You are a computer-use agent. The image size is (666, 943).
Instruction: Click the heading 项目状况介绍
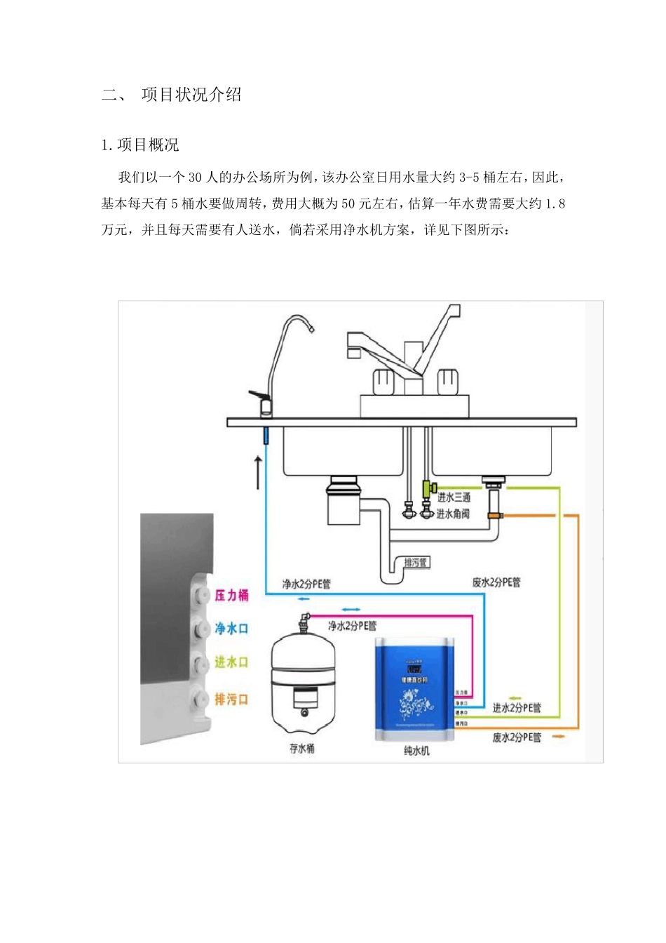point(191,95)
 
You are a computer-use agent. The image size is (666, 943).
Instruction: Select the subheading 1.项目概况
point(140,145)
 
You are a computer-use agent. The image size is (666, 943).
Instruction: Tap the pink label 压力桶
point(231,595)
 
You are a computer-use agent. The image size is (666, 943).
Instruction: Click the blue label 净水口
point(231,628)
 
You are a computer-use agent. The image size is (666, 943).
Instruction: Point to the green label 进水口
point(231,662)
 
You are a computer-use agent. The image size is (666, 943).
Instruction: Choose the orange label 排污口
point(231,699)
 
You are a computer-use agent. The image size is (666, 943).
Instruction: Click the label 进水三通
point(454,497)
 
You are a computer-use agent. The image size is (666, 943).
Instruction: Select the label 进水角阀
point(453,514)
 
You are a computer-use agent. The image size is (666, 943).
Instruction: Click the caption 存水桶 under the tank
point(302,749)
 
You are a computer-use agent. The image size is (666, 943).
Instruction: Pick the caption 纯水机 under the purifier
point(417,751)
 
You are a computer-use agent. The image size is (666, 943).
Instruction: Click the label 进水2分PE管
point(517,708)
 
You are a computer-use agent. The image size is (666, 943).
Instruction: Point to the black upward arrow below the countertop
point(258,472)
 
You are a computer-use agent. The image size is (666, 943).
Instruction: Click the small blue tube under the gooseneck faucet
point(266,435)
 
